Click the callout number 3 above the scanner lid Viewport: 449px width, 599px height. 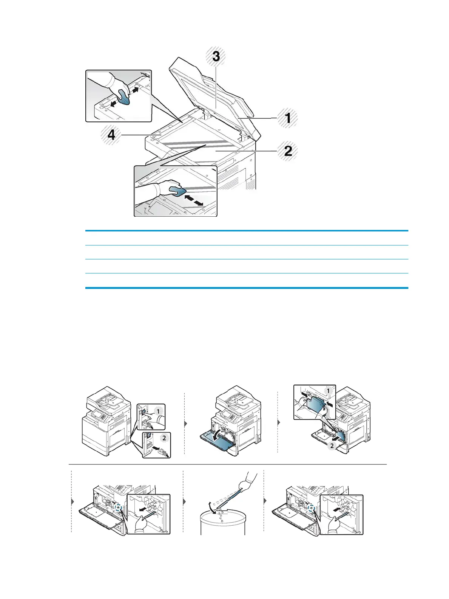point(216,56)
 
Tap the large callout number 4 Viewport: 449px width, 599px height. point(111,135)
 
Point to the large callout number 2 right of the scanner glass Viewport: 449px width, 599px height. point(288,151)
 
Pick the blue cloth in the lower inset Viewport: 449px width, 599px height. point(177,191)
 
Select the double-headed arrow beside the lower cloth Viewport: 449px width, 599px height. point(193,200)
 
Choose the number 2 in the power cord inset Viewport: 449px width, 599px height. point(164,438)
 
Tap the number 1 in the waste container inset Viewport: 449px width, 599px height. point(328,391)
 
